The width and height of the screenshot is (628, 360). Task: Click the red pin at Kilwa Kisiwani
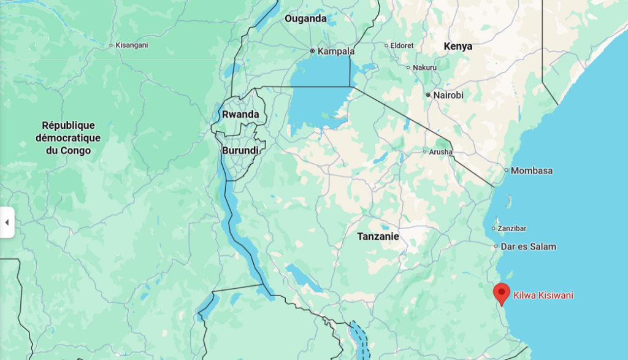coord(502,293)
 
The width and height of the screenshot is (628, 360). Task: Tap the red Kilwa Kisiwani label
coord(543,296)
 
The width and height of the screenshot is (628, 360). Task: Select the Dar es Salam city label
coord(529,247)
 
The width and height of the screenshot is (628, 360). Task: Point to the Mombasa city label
coord(531,170)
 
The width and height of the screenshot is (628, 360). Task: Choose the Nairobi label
coord(448,95)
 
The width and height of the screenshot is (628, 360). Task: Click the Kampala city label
coord(335,51)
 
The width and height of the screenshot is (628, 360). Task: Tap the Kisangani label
coord(132,45)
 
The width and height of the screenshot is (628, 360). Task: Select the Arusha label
coord(440,151)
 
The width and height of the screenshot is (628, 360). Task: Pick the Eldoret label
coord(402,45)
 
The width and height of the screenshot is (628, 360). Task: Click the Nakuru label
coord(424,67)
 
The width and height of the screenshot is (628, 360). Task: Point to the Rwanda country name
coord(240,114)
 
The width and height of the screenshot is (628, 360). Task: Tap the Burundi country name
coord(240,150)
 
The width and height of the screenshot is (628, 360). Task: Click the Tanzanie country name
coord(378,236)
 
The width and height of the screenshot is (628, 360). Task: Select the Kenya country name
coord(458,46)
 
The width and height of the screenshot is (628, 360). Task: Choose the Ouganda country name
coord(305,18)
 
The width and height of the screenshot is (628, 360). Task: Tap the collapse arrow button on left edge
coord(7,222)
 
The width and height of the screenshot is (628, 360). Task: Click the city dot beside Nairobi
coord(428,95)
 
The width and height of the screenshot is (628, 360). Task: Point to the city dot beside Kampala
coord(312,51)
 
